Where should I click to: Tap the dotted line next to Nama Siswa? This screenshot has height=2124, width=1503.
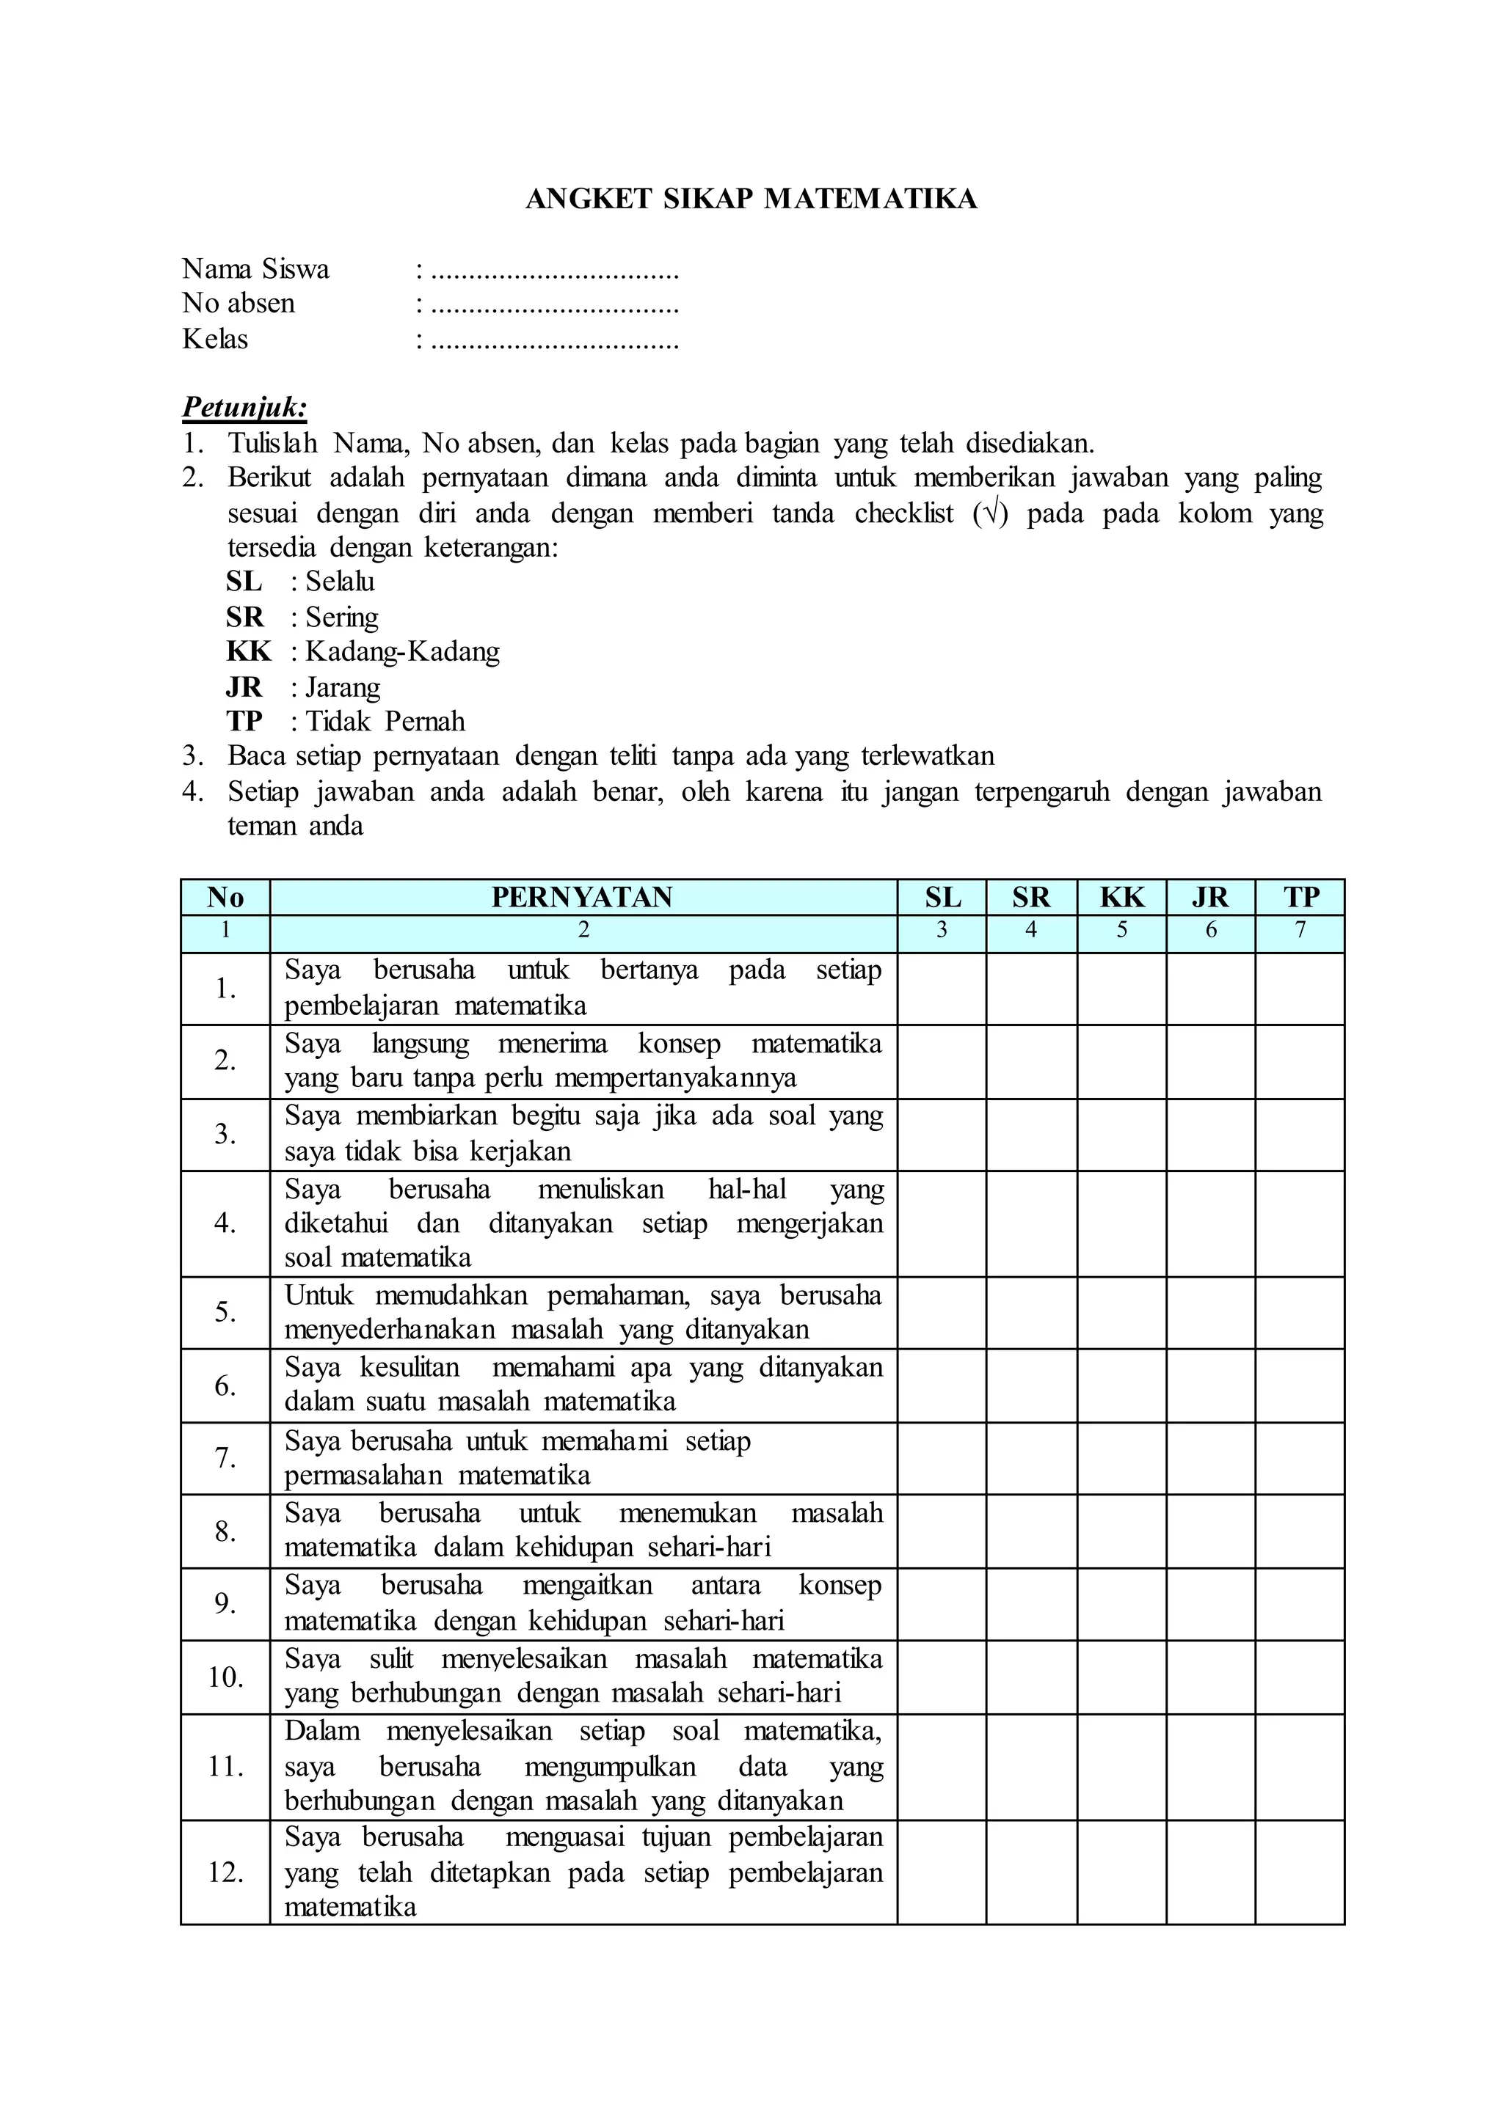[x=556, y=274]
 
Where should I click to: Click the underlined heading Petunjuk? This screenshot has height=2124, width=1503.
[x=244, y=407]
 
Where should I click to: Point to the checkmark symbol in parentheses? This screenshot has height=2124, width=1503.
[x=990, y=513]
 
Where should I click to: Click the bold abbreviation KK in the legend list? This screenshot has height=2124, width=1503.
[x=248, y=651]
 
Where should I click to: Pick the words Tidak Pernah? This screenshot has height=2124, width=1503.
[x=385, y=722]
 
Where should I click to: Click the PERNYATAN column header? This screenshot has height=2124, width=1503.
[x=582, y=897]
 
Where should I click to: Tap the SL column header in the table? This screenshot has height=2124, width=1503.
[x=942, y=897]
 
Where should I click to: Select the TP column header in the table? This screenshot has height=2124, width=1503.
[x=1300, y=897]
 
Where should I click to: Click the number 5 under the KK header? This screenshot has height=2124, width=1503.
[x=1121, y=931]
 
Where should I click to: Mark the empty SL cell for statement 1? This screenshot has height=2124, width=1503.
[x=942, y=988]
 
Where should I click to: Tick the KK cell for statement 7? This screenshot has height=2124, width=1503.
[x=1121, y=1458]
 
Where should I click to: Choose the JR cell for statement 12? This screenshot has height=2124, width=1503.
[x=1210, y=1872]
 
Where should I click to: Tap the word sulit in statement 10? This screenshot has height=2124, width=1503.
[x=390, y=1659]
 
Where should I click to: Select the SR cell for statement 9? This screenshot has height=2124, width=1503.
[x=1032, y=1603]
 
